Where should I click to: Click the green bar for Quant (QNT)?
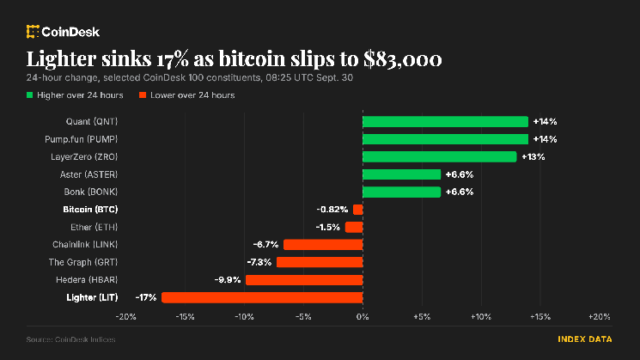(445, 122)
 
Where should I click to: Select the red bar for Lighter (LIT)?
(262, 297)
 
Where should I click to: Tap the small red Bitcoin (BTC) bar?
(358, 210)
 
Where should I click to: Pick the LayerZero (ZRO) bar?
(440, 156)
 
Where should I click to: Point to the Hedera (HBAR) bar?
(304, 280)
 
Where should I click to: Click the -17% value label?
(146, 297)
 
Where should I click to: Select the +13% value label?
(533, 156)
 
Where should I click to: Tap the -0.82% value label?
(332, 210)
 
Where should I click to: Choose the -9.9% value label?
(228, 280)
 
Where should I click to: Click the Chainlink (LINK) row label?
(85, 245)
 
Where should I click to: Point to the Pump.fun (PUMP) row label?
(82, 139)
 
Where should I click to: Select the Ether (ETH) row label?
(94, 227)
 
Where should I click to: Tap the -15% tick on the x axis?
(185, 317)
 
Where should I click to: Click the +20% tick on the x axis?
(600, 317)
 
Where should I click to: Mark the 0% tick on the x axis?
(363, 317)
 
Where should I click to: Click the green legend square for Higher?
(29, 95)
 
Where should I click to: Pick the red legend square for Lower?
(143, 95)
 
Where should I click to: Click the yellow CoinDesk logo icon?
(33, 32)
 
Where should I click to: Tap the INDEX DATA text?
(585, 339)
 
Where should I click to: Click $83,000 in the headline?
(402, 59)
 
